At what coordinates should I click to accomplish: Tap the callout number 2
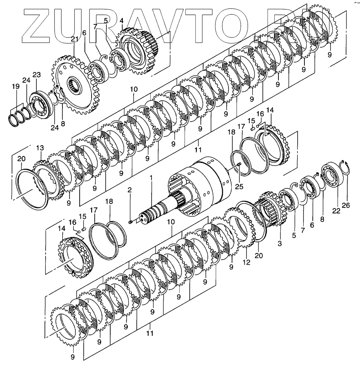[x=130, y=190]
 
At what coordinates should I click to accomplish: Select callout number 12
[x=247, y=262]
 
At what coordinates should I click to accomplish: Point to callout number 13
[x=40, y=148]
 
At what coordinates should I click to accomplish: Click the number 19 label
[x=16, y=87]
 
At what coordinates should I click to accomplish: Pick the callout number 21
[x=74, y=39]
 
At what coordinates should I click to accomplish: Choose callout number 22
[x=336, y=211]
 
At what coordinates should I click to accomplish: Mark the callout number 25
[x=239, y=186]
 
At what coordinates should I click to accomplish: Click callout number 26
[x=346, y=205]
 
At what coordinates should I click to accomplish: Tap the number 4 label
[x=121, y=21]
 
